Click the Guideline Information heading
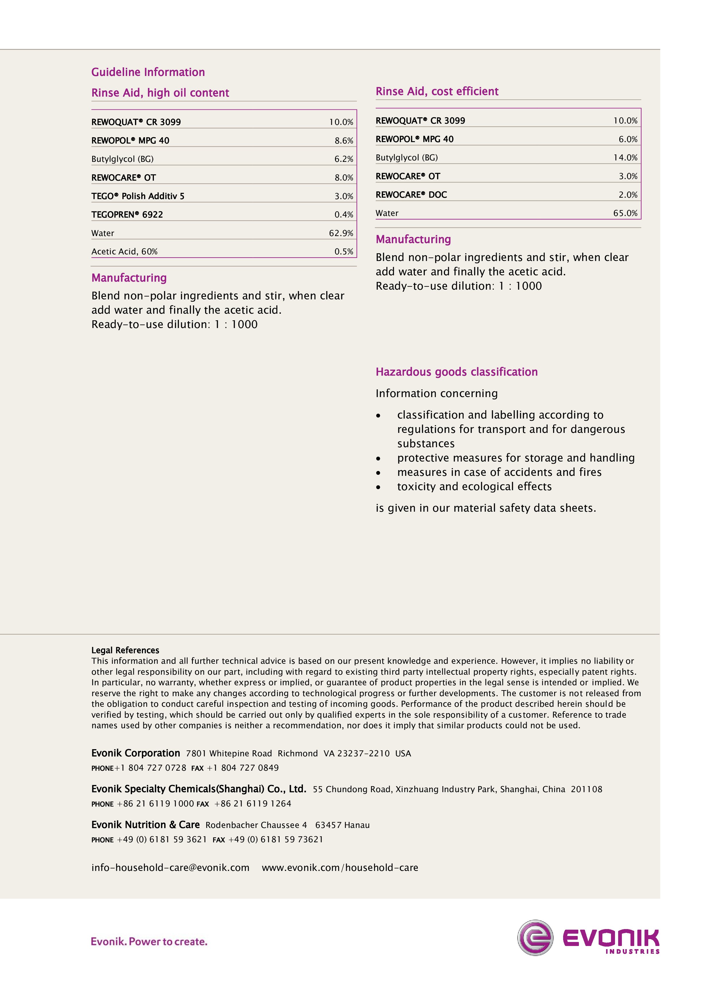click(148, 72)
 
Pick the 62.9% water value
click(341, 233)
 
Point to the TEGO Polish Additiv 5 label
click(138, 196)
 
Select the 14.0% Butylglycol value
click(625, 158)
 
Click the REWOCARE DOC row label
click(411, 195)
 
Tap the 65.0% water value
click(625, 213)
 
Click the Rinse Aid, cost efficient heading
click(437, 91)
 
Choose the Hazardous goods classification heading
click(457, 372)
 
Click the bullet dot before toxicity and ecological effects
click(378, 487)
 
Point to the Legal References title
click(125, 650)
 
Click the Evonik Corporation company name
click(136, 753)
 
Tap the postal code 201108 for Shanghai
click(586, 789)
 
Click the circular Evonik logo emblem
click(535, 938)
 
